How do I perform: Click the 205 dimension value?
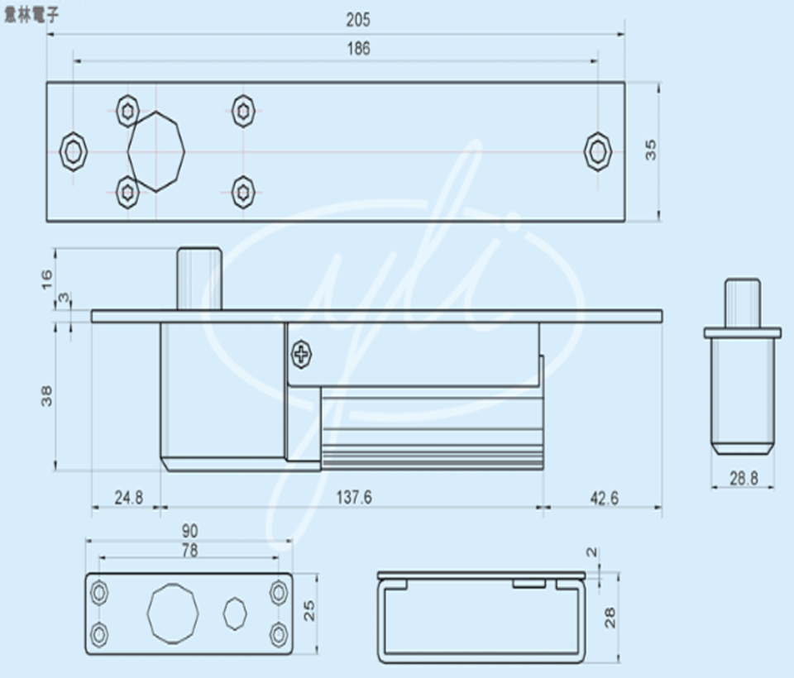coord(358,20)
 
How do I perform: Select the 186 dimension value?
coord(358,49)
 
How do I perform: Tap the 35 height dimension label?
coord(650,150)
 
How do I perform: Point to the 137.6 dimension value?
coord(354,497)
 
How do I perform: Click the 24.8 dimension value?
coord(129,498)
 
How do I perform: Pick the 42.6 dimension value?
coord(604,499)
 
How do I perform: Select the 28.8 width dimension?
coord(744,478)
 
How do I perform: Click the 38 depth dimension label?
coord(46,396)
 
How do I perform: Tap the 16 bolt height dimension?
coord(46,279)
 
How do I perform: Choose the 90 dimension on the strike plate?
coord(190,531)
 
